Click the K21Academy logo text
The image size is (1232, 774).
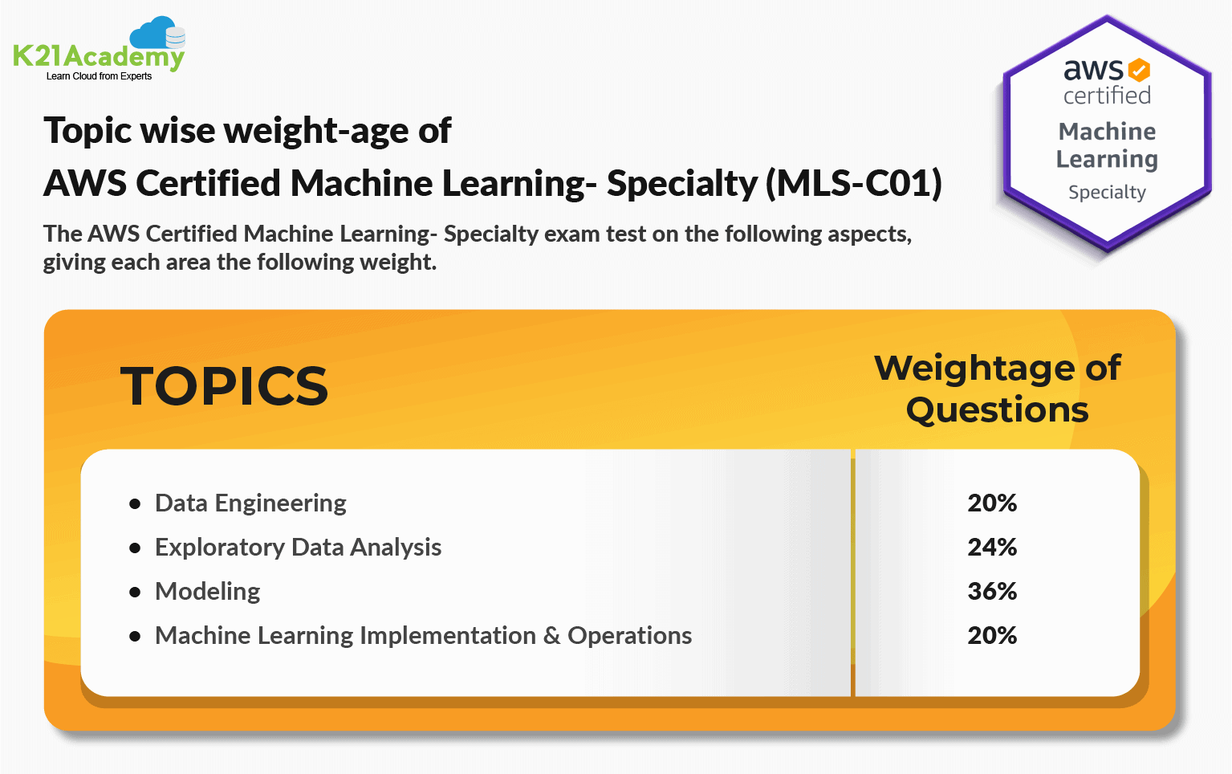[99, 56]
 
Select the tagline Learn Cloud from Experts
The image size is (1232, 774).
[99, 76]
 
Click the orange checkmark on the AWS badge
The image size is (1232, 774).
[1139, 70]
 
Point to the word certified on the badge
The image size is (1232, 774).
[1107, 96]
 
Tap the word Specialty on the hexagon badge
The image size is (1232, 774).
[1107, 193]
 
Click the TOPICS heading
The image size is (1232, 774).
[224, 386]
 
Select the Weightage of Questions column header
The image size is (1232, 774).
[997, 389]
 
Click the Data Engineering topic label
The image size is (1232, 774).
[250, 503]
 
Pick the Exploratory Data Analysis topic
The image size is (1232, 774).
[298, 548]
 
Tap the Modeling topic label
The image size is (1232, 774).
[207, 592]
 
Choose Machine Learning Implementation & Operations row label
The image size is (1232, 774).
[423, 636]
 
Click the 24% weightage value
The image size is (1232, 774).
[992, 548]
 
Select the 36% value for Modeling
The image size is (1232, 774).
[992, 592]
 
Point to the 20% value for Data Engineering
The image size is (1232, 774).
[992, 503]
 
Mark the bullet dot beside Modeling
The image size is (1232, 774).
[135, 593]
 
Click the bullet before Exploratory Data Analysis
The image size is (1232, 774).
[135, 548]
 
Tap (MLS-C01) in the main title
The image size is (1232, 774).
[853, 184]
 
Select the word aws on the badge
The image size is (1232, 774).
[1092, 70]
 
